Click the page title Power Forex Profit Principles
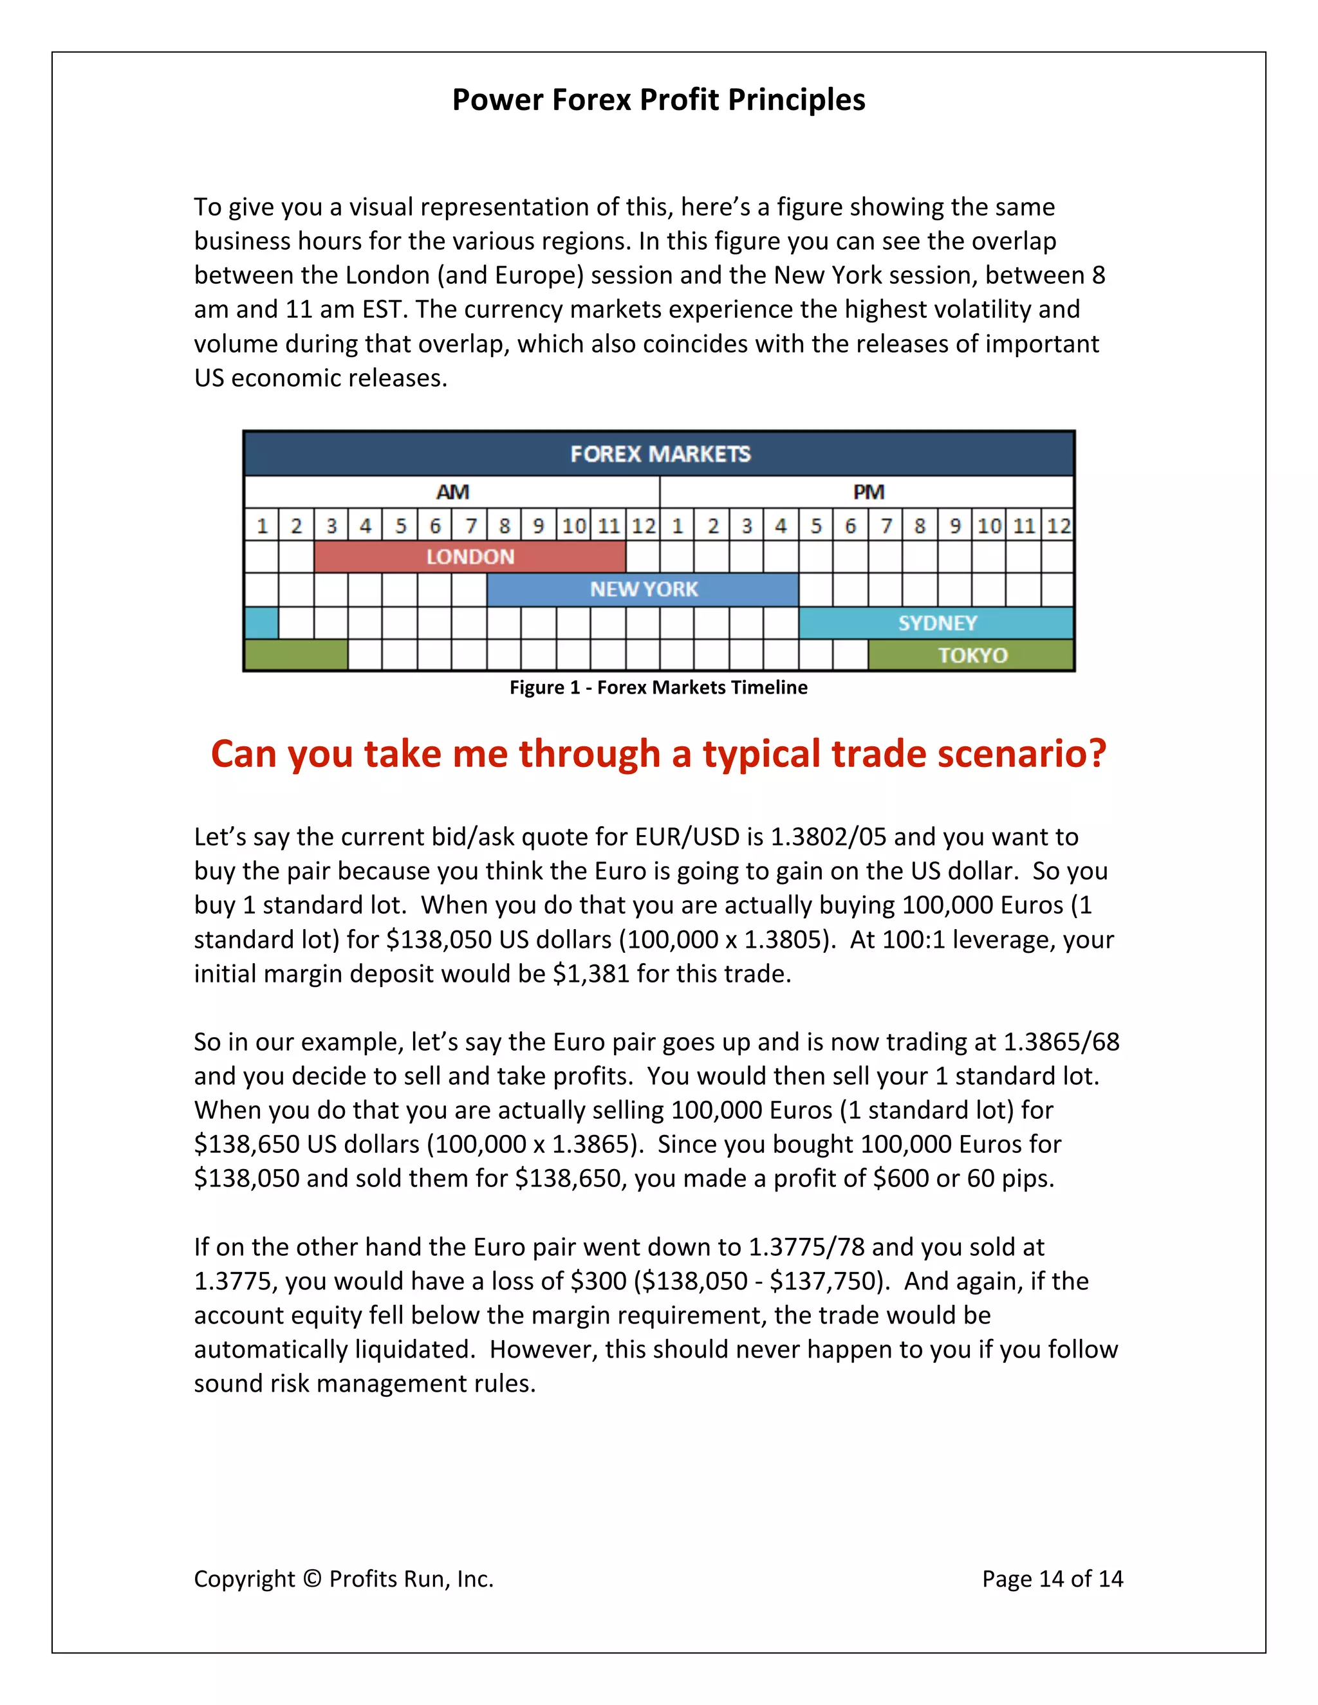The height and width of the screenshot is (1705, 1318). tap(658, 100)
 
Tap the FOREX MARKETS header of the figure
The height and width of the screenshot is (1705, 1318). tap(660, 454)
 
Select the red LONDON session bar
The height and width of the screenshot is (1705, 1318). tap(470, 557)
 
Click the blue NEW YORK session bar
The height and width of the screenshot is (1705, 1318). tap(644, 589)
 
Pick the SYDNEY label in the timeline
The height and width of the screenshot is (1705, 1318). tap(937, 623)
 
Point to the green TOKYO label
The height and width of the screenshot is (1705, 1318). tap(972, 655)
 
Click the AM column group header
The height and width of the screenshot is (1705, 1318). tap(452, 492)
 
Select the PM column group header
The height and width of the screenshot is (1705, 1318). tap(868, 492)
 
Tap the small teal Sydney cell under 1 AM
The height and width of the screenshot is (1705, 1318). tap(261, 623)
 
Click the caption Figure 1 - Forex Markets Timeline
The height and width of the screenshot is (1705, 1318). tap(658, 687)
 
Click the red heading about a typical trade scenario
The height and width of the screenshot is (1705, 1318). tap(658, 754)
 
